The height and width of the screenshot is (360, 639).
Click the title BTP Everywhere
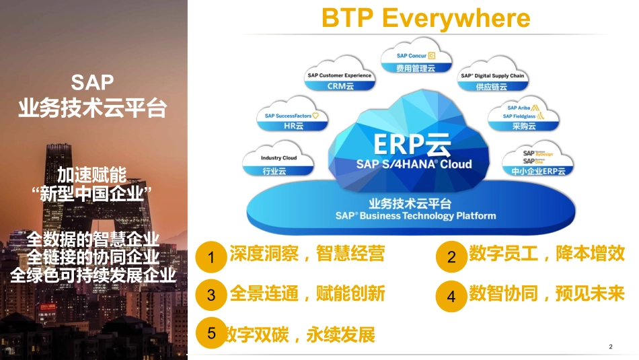[426, 18]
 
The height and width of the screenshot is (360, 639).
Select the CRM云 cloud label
[340, 81]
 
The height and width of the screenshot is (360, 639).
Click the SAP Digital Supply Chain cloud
[492, 81]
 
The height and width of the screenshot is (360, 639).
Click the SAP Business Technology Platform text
[416, 216]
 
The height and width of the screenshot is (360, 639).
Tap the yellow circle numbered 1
[211, 257]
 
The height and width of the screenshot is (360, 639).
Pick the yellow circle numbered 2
[451, 257]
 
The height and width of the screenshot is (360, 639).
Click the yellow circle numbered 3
[211, 295]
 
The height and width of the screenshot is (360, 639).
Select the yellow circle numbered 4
[451, 297]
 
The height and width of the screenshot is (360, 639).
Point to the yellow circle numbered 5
[211, 333]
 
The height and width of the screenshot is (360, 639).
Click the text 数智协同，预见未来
[546, 294]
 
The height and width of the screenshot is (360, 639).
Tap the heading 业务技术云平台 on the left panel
[92, 107]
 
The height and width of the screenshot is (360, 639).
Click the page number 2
[610, 347]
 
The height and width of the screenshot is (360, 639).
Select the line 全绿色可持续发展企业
[93, 275]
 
